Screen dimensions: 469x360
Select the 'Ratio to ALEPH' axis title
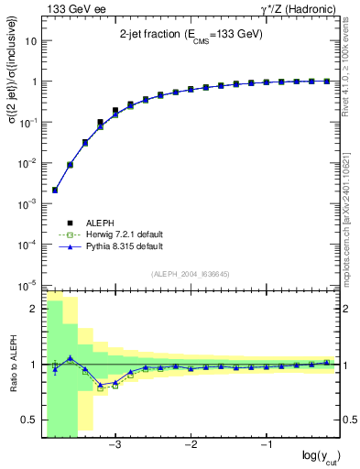pyautogui.click(x=13, y=365)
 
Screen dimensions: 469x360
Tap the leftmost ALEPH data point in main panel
pyautogui.click(x=55, y=190)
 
